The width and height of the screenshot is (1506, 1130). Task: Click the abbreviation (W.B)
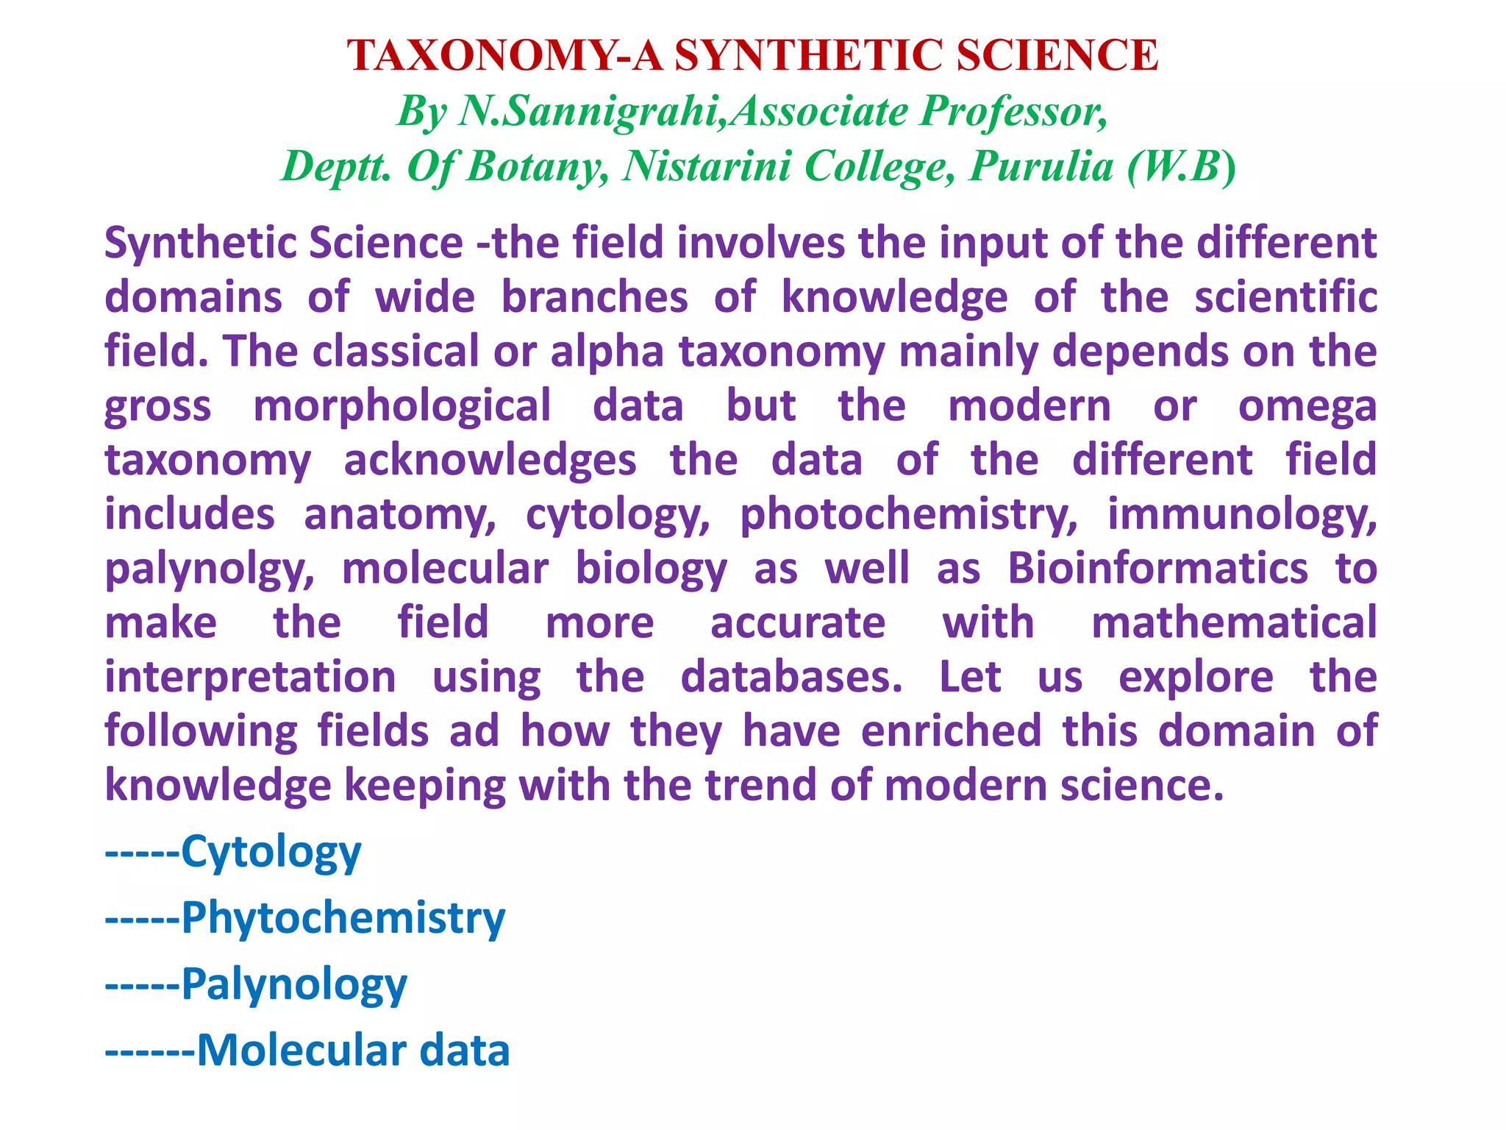[x=1182, y=166]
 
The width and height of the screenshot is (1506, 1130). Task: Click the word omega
[x=1307, y=406]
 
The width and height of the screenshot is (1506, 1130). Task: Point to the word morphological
[x=402, y=406]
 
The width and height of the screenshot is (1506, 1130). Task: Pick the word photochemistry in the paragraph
[x=909, y=515]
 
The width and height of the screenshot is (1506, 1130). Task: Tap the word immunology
[x=1242, y=515]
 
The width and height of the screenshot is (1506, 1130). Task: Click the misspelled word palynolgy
[x=210, y=569]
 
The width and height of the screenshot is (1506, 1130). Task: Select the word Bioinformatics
[x=1157, y=569]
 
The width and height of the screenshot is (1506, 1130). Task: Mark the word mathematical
[x=1233, y=623]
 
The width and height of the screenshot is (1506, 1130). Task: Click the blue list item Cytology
[x=271, y=853]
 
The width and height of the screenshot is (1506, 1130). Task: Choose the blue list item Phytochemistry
[x=343, y=919]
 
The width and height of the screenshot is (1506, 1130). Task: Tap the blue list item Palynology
[x=293, y=985]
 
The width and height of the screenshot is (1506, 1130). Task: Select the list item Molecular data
[x=353, y=1051]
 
